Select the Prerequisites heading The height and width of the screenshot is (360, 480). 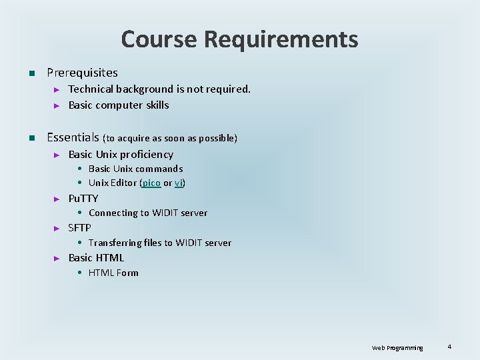(82, 73)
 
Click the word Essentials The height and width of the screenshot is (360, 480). (73, 138)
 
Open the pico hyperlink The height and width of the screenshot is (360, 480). (151, 183)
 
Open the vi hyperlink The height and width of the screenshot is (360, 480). (179, 183)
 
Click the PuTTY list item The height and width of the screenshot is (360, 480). (83, 198)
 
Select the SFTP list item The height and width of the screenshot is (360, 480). (80, 228)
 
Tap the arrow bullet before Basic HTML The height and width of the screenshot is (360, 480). (57, 258)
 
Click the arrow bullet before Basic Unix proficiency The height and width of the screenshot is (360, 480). (57, 155)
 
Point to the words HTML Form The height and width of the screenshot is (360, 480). (113, 273)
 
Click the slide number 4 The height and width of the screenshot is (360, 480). (449, 347)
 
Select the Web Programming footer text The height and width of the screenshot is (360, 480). (397, 348)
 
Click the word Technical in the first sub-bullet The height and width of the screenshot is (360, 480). (91, 89)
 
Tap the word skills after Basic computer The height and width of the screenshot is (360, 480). (155, 105)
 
